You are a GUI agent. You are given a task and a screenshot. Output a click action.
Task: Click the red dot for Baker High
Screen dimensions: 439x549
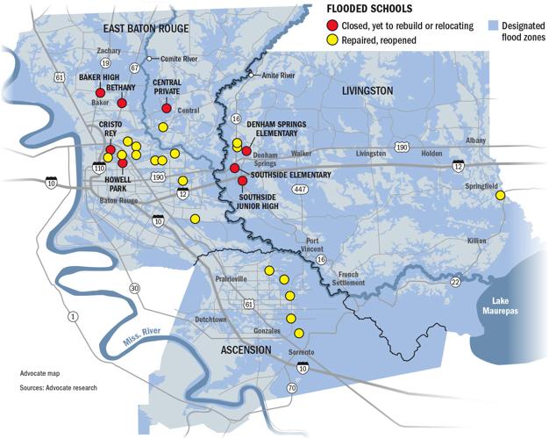pos(100,92)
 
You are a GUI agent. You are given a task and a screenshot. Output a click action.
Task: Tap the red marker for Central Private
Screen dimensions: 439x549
pos(167,108)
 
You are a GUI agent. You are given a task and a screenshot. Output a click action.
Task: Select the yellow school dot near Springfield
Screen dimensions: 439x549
pos(500,196)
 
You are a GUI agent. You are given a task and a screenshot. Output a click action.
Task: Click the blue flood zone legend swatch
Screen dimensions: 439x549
pos(494,26)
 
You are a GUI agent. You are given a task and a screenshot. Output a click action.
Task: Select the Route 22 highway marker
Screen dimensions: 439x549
pos(455,281)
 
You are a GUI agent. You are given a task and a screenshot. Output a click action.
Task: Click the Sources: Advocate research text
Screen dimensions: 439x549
pos(59,387)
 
